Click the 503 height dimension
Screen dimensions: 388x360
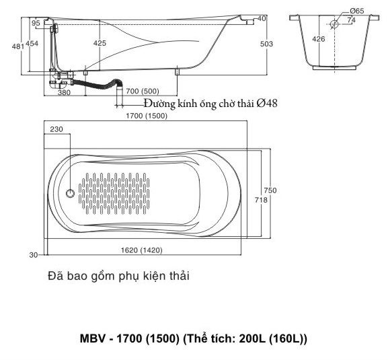tap(266, 44)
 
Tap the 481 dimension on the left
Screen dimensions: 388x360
tap(18, 46)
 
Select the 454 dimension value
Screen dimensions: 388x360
tap(32, 44)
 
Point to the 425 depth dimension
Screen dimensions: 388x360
tap(100, 43)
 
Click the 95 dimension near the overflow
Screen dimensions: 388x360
tap(36, 23)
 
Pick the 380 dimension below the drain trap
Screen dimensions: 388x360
tap(64, 93)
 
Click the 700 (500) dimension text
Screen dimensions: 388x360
tap(143, 92)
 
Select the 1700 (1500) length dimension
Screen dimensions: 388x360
tap(147, 116)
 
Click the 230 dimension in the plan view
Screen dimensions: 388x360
tap(56, 129)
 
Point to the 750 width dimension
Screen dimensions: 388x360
tap(270, 190)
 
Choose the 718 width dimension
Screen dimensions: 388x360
tap(261, 200)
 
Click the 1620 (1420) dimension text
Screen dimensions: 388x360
tap(141, 250)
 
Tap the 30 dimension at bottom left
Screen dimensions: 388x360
tap(34, 255)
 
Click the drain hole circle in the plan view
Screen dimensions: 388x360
tap(71, 193)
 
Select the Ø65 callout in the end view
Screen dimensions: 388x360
tap(357, 11)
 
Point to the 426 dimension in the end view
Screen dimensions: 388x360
tap(319, 39)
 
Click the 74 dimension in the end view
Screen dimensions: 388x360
tap(351, 20)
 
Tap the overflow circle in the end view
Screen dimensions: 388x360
tap(335, 24)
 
